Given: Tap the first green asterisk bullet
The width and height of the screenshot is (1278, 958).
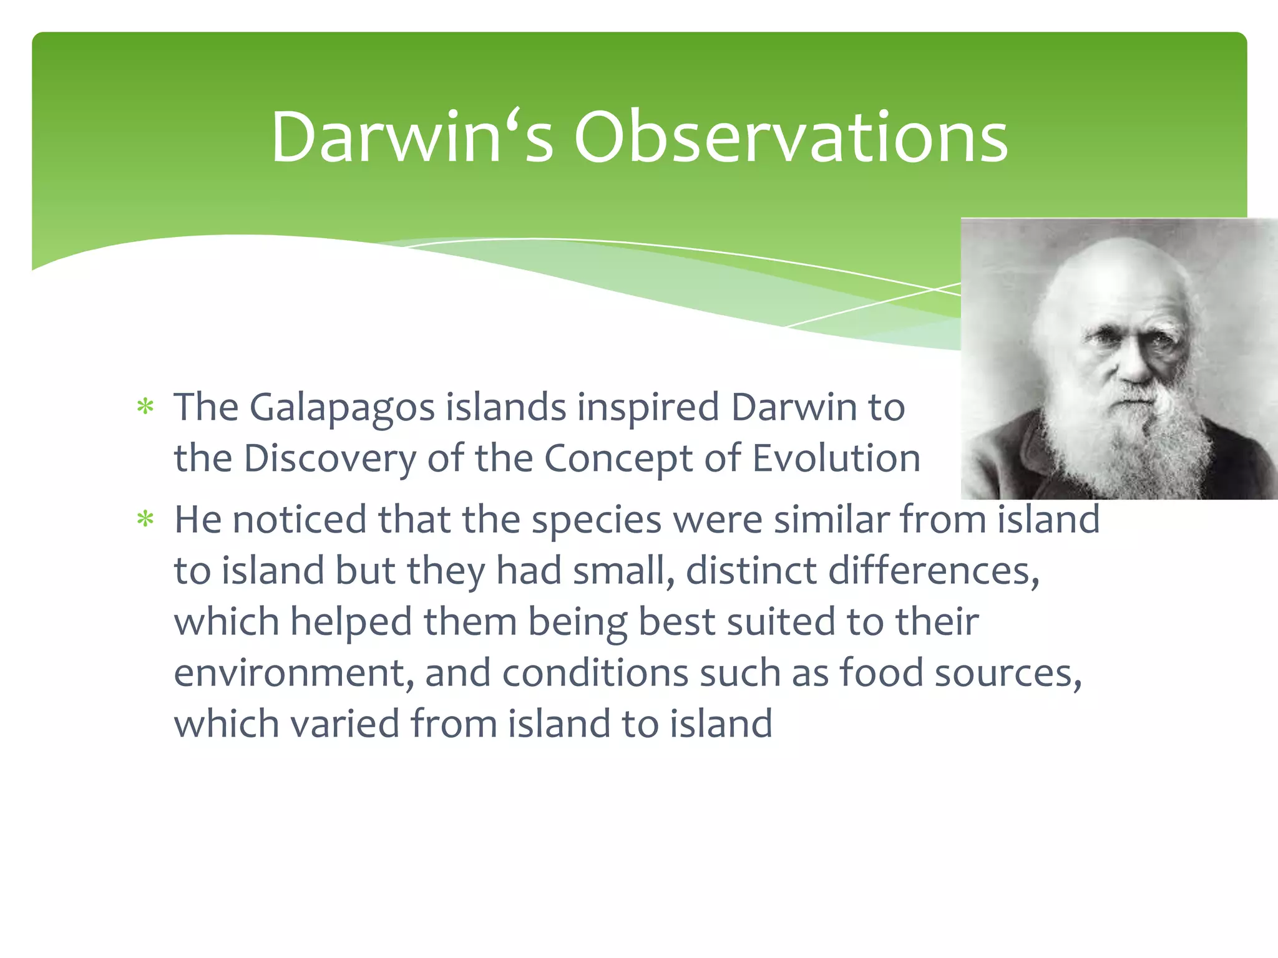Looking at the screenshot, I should (145, 407).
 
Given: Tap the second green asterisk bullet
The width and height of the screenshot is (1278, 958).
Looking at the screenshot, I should (145, 519).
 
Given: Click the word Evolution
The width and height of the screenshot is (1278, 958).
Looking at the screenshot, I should (836, 458).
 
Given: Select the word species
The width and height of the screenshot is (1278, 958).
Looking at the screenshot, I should (596, 521).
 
